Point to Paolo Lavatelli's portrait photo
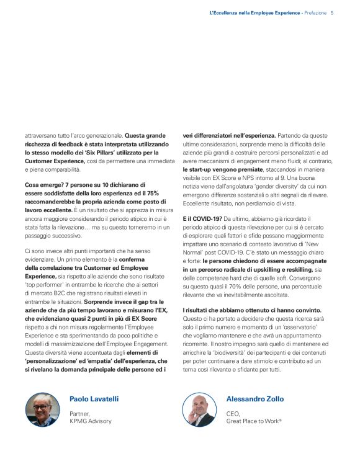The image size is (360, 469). coord(43,410)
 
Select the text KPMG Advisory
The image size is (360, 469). coord(91,421)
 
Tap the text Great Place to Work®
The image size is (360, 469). coord(254,421)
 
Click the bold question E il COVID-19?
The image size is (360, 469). coord(202,219)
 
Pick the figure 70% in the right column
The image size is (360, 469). coord(243,287)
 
